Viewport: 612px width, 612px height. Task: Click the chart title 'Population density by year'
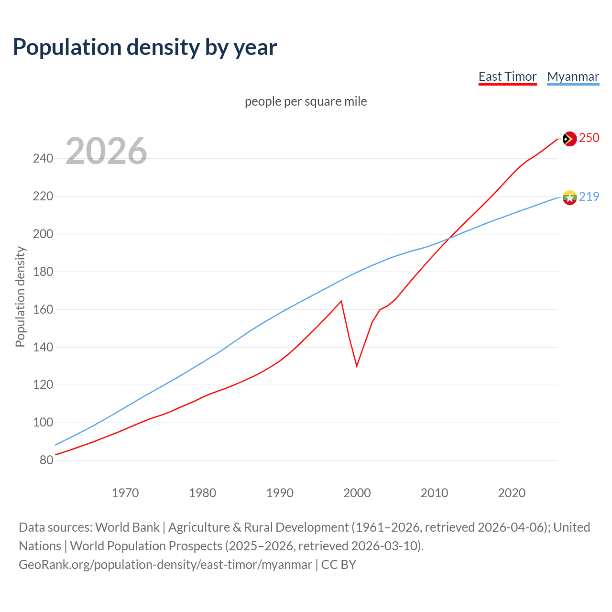tap(145, 47)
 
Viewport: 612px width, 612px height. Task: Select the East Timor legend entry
tap(507, 76)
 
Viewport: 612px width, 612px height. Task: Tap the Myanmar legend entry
tap(573, 76)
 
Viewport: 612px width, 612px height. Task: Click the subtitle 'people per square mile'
tap(306, 101)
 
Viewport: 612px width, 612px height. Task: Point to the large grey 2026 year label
tap(106, 151)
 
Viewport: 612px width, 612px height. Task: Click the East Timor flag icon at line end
tap(569, 139)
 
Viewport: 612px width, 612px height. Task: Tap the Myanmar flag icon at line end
tap(569, 197)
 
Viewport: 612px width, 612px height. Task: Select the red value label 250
tap(589, 138)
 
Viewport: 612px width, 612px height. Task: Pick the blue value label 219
tap(589, 197)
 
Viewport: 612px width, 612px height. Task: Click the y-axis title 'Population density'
tap(20, 296)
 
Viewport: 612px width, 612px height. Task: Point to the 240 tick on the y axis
tap(43, 158)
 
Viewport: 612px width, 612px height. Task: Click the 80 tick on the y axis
tap(46, 460)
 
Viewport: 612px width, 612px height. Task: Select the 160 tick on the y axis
tap(43, 309)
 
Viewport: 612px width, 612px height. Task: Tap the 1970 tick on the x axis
tap(125, 492)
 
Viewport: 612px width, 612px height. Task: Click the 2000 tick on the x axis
tap(357, 492)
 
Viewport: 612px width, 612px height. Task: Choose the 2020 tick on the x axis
tap(512, 492)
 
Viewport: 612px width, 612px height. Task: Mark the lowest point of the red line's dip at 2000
tap(357, 366)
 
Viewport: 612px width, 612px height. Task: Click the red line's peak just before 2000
tap(341, 301)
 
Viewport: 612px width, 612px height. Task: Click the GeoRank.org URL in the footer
tap(165, 564)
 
